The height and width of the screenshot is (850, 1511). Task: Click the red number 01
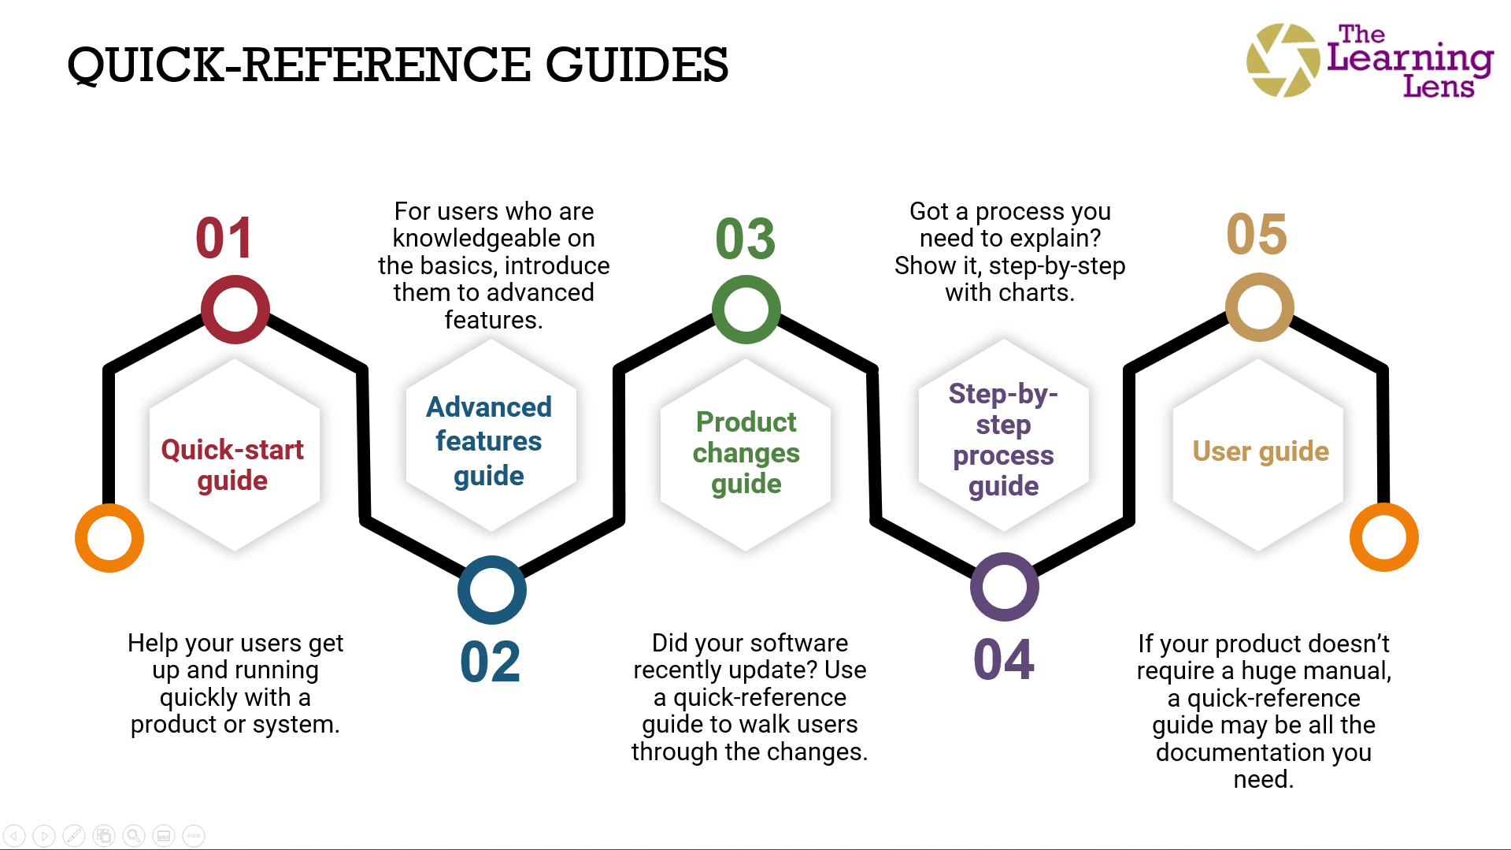(x=224, y=238)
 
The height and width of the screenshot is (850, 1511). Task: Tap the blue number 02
(x=490, y=662)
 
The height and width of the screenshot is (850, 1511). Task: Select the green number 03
(x=745, y=239)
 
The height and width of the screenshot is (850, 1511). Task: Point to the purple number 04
(x=1004, y=659)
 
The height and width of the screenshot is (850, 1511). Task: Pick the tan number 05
(x=1257, y=234)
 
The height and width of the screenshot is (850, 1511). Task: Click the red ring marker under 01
(x=235, y=310)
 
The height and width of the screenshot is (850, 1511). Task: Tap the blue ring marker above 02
(x=492, y=590)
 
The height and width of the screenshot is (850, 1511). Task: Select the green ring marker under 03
(x=746, y=310)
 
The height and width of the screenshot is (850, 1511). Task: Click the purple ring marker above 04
(x=1005, y=587)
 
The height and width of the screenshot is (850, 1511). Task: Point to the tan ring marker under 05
(x=1260, y=307)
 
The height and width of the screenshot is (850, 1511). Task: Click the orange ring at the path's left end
(x=109, y=538)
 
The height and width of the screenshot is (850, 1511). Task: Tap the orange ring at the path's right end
(x=1384, y=537)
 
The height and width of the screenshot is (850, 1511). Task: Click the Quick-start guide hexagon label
(x=232, y=465)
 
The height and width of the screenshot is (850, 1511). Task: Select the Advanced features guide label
(x=489, y=441)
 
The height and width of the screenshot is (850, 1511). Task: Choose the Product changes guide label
(x=746, y=453)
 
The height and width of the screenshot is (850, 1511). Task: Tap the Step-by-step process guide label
(x=1004, y=440)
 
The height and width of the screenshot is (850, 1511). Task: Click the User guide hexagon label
(x=1261, y=451)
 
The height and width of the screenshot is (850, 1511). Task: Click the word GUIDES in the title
(x=637, y=65)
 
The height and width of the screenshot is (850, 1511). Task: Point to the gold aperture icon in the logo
(x=1283, y=61)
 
